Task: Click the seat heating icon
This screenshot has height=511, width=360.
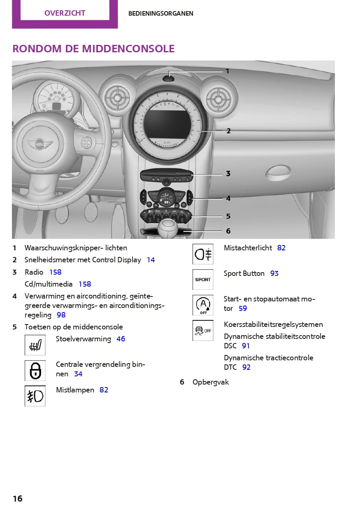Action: (x=35, y=345)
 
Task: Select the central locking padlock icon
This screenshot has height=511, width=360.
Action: (x=35, y=371)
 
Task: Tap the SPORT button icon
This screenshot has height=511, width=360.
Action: (x=203, y=280)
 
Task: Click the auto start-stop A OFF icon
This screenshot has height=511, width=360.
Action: (x=203, y=305)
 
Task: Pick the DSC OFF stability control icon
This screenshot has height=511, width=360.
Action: (x=203, y=331)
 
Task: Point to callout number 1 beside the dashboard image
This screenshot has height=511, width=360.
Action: (x=227, y=71)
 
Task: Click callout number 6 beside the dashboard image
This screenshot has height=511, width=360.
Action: (x=228, y=231)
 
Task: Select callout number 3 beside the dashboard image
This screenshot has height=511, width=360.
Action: (x=228, y=174)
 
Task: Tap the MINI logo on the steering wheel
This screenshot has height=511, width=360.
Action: (x=40, y=145)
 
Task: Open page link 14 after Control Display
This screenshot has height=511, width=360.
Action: (x=151, y=260)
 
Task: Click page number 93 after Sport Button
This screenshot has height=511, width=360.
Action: (x=274, y=273)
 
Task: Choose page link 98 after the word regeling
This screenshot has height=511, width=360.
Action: (x=61, y=315)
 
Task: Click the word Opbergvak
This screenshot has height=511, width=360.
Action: (x=211, y=382)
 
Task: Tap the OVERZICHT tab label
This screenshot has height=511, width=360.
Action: (x=65, y=13)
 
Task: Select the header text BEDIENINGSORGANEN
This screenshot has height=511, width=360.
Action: (x=160, y=14)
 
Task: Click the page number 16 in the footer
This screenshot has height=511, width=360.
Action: (x=17, y=499)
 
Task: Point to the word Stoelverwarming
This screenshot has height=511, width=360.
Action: (x=84, y=339)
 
